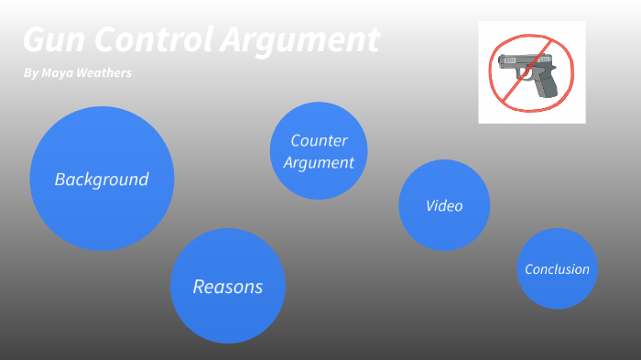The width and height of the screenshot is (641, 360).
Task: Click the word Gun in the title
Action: (x=53, y=40)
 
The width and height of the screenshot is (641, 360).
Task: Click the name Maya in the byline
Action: (x=60, y=72)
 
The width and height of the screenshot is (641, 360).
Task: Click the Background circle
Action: (x=102, y=179)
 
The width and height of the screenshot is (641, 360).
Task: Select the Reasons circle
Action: (x=228, y=286)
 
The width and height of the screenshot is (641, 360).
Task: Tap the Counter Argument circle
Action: (x=319, y=151)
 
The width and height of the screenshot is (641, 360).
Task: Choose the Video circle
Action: (x=444, y=205)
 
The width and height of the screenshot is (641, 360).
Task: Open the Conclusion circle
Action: (x=557, y=268)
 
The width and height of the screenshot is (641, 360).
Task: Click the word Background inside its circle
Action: (x=102, y=180)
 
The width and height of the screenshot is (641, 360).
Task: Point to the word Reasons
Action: (x=228, y=287)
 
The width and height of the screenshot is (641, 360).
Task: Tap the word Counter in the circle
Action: (x=319, y=141)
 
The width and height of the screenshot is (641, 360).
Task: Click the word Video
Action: (x=444, y=206)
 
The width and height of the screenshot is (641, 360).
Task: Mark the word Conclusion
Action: (x=557, y=269)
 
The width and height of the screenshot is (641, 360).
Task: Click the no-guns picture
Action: (x=531, y=72)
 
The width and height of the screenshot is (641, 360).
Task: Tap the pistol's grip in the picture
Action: (x=547, y=85)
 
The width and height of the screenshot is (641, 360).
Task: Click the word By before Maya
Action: (x=31, y=72)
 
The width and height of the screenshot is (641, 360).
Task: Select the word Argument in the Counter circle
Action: (x=319, y=163)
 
